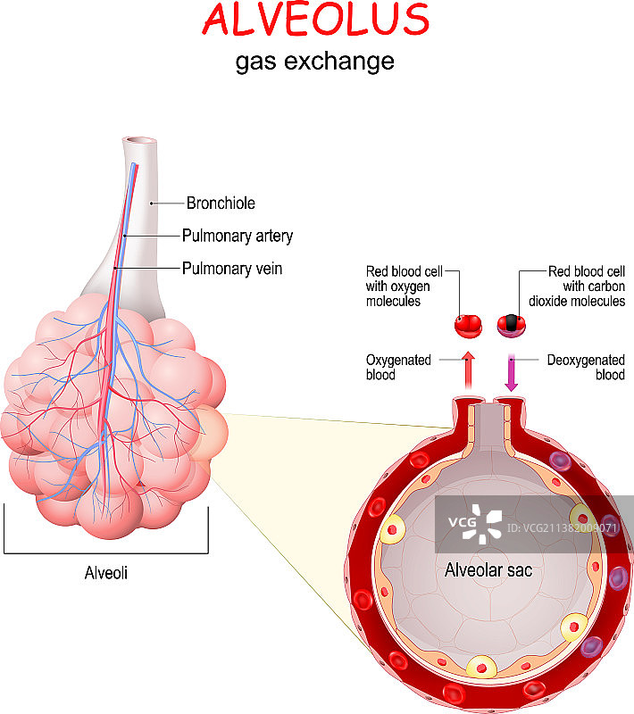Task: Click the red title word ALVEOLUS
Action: (315, 20)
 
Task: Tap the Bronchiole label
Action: (221, 203)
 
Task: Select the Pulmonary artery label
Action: (238, 237)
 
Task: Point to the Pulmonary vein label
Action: (232, 268)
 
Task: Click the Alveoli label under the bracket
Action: (106, 573)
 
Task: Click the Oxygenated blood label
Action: (398, 368)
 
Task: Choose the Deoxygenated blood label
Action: (585, 368)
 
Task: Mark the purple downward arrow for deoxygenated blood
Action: (513, 371)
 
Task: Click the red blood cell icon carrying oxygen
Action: (468, 325)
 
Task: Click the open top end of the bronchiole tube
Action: (140, 142)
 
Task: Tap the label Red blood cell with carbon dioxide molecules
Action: (586, 286)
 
